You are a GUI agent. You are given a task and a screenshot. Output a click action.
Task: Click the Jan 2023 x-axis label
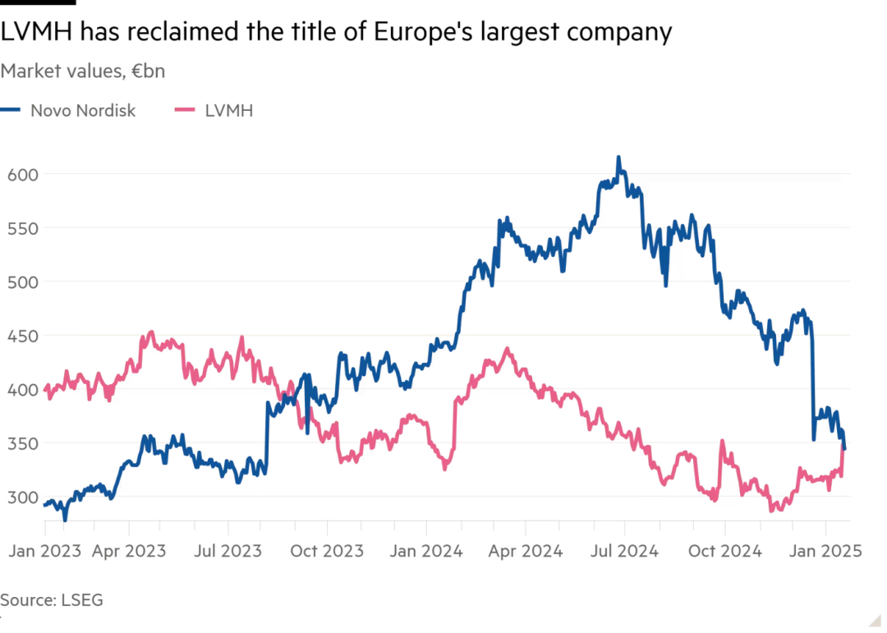45,551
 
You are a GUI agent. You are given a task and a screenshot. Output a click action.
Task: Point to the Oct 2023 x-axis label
327,551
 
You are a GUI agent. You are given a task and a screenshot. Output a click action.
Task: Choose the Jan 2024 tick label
425,551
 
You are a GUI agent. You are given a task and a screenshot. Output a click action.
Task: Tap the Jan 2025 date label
825,551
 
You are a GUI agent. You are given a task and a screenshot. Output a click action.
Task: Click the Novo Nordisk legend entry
83,110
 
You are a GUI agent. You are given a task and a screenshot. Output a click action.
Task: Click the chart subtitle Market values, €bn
82,71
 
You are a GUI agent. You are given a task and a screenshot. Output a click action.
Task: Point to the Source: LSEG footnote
52,600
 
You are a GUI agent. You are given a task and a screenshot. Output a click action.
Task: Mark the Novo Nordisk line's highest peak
618,157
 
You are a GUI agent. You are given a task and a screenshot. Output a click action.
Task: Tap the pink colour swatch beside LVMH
186,110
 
